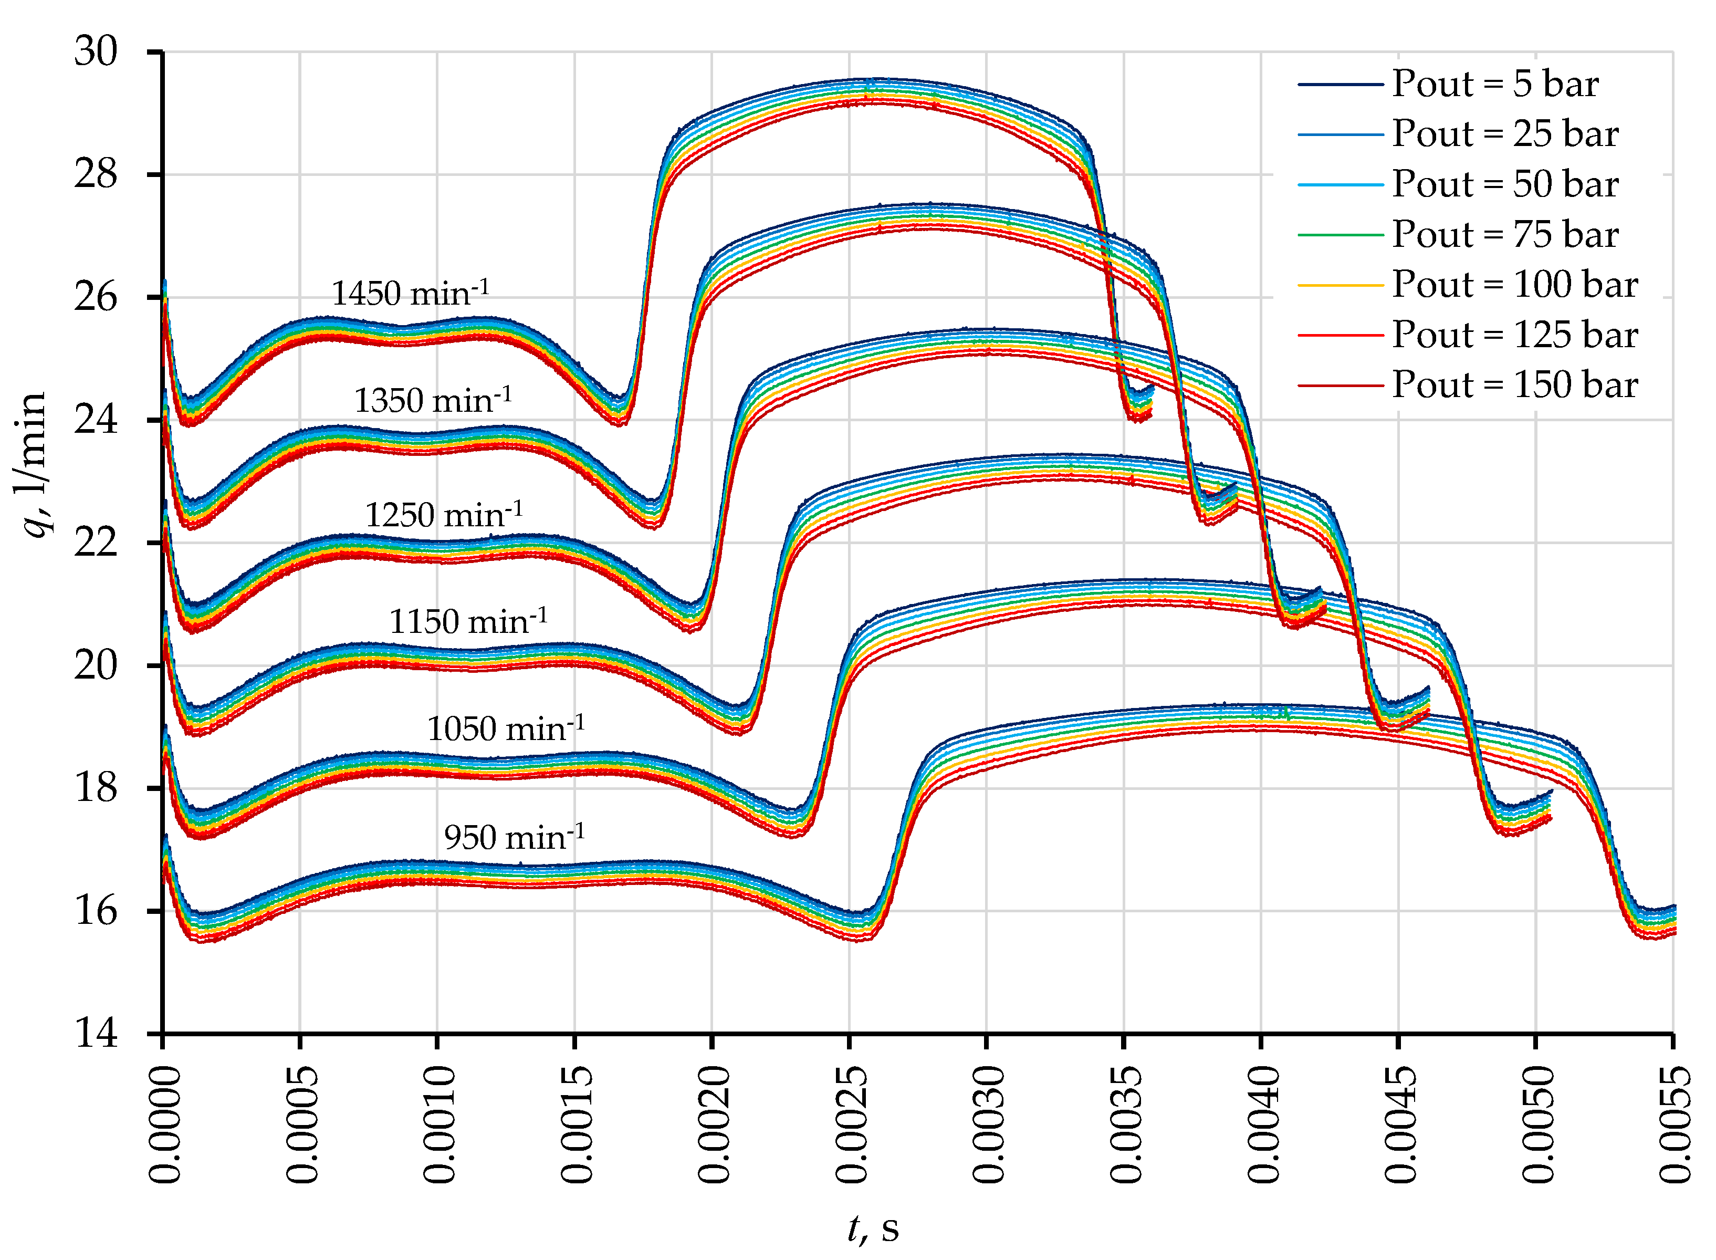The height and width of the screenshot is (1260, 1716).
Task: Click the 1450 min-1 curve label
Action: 410,294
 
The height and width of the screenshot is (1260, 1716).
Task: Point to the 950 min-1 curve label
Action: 515,837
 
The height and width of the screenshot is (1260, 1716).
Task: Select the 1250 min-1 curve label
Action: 444,515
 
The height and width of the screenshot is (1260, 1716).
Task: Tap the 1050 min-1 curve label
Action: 506,728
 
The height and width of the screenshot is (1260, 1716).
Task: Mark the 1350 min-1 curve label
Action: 432,400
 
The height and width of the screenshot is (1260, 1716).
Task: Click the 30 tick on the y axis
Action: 96,52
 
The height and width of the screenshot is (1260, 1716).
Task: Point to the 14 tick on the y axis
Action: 96,1034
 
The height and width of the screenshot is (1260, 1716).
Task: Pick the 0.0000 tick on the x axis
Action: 164,1126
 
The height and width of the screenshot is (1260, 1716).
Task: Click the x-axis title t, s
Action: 874,1228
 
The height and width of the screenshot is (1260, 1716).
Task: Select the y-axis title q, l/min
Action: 32,465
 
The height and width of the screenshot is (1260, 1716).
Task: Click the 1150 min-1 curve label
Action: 468,622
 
